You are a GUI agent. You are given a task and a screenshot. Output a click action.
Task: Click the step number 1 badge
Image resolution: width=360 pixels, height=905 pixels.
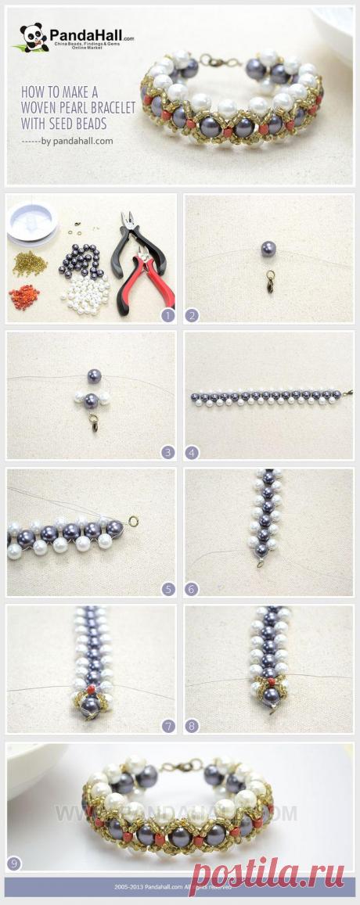pos(166,315)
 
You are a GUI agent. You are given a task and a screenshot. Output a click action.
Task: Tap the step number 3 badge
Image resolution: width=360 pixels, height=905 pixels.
pos(166,451)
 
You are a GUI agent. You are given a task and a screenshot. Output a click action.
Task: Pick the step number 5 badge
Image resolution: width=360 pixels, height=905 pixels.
pos(166,588)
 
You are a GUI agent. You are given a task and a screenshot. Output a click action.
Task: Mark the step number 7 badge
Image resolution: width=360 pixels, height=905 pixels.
pos(166,726)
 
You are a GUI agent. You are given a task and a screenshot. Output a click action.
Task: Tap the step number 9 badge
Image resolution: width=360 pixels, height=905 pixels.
pos(14,864)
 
